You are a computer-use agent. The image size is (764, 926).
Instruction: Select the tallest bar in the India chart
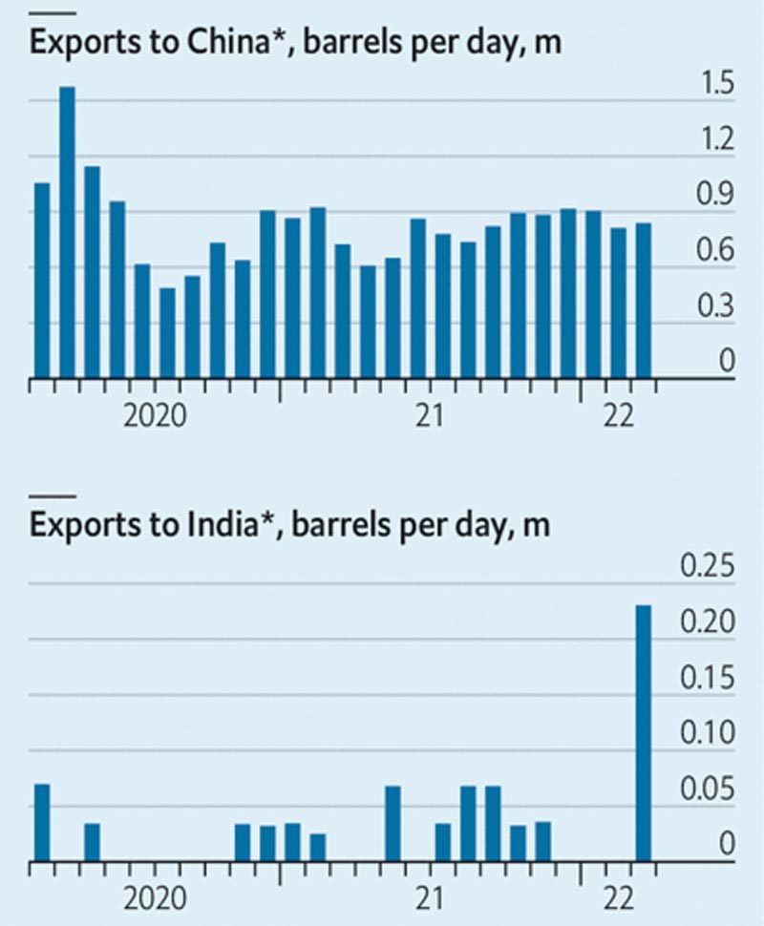pos(643,732)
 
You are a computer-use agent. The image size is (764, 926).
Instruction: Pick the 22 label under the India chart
pos(618,897)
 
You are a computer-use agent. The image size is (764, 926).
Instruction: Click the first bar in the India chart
pos(42,822)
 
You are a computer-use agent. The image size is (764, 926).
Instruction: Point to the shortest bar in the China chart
pos(167,332)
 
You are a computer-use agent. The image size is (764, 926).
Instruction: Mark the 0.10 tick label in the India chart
pos(707,734)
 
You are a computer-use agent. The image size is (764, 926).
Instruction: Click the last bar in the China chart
pos(643,300)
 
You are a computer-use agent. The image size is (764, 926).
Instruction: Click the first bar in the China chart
pos(42,280)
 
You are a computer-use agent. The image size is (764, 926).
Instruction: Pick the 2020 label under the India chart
pos(156,897)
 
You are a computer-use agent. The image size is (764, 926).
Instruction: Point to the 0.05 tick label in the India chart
pos(707,790)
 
